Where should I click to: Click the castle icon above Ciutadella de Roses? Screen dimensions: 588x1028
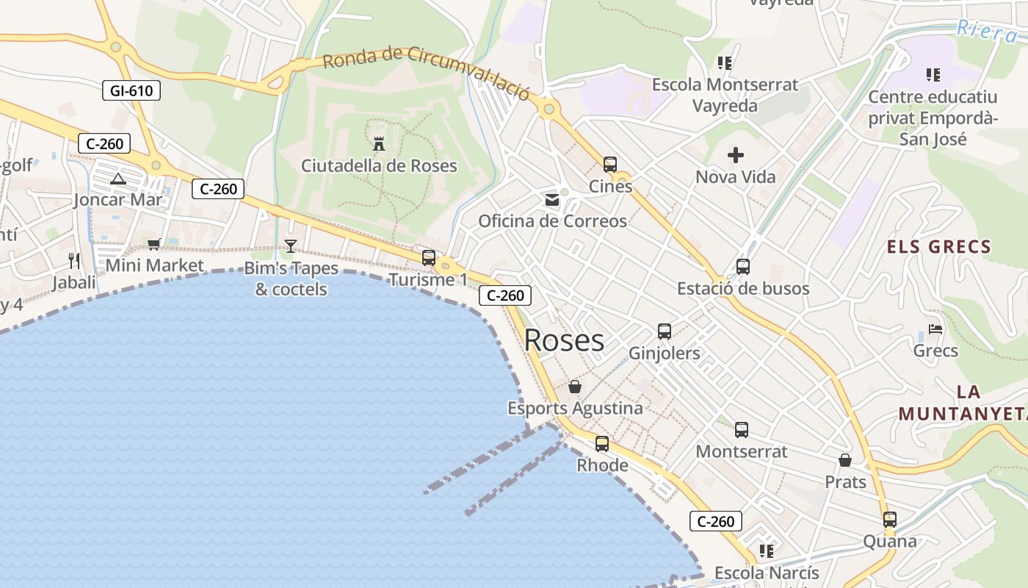click(x=379, y=144)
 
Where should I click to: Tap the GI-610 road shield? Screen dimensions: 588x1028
click(x=131, y=90)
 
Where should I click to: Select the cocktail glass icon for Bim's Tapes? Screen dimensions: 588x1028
click(x=291, y=246)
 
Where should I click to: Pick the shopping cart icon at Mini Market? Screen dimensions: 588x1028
click(x=153, y=244)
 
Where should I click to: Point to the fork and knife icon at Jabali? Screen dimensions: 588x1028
click(x=74, y=260)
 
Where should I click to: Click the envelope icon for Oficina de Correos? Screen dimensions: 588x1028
click(x=552, y=200)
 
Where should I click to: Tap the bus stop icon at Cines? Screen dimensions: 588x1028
click(x=610, y=165)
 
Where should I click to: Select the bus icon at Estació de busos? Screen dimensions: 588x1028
click(x=743, y=267)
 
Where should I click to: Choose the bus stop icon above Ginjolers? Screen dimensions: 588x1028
click(x=665, y=331)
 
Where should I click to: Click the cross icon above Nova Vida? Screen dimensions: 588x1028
click(x=735, y=155)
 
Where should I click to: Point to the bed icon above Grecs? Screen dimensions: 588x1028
click(x=935, y=329)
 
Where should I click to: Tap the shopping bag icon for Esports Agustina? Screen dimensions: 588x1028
click(x=575, y=387)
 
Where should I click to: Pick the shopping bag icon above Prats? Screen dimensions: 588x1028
click(x=845, y=461)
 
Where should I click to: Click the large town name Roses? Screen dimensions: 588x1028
click(x=564, y=340)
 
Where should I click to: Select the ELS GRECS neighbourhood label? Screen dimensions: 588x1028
click(x=939, y=247)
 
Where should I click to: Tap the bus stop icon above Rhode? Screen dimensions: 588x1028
click(x=602, y=444)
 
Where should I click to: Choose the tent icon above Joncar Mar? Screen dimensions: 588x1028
click(x=117, y=179)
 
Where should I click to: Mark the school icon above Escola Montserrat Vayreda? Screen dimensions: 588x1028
click(x=725, y=63)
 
